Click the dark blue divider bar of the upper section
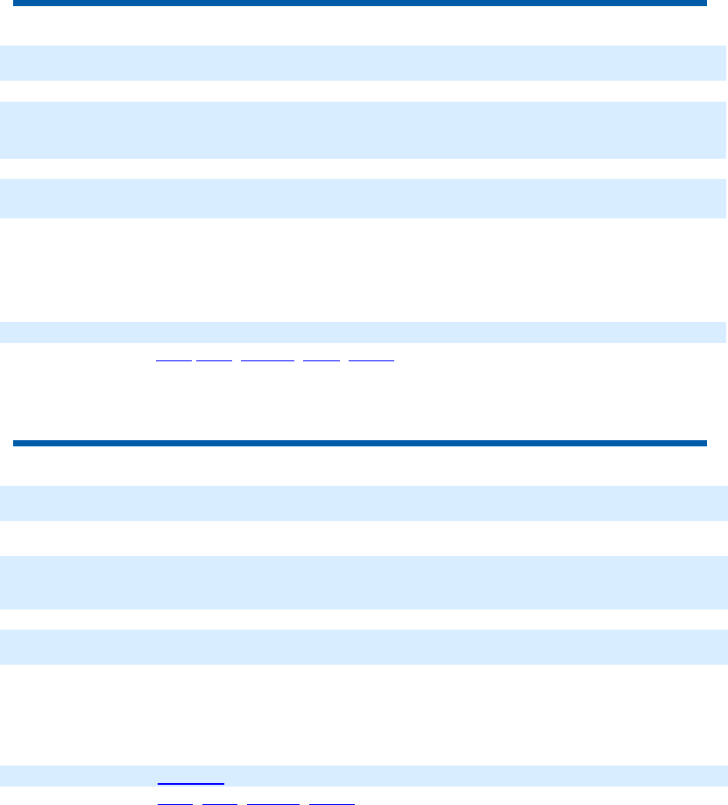point(359,4)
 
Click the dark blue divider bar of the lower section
point(359,443)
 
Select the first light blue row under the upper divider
point(364,63)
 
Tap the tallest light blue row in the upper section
point(364,130)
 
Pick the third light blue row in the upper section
point(364,198)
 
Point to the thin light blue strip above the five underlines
point(364,332)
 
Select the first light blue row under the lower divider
point(364,503)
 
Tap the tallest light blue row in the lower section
point(364,582)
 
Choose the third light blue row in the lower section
point(364,647)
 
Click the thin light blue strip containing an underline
point(364,775)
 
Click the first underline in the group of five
point(173,360)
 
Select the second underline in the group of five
point(215,360)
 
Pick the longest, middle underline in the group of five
point(267,360)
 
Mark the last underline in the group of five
point(372,360)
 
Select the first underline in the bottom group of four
point(174,802)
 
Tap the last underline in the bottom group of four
point(333,802)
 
